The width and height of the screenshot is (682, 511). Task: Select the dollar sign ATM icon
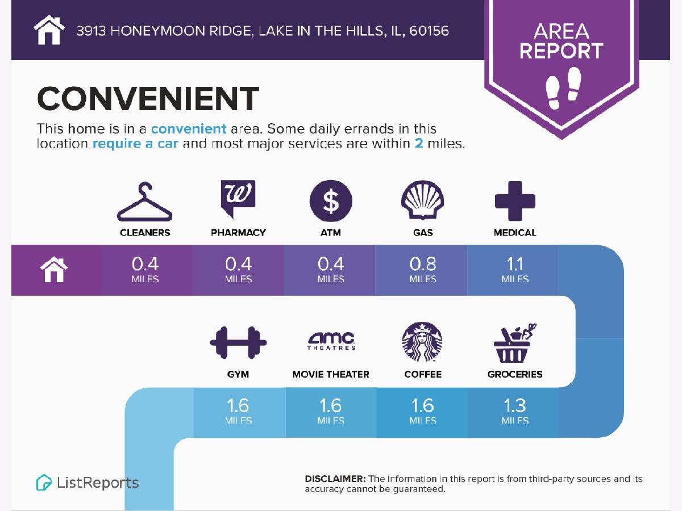tap(331, 201)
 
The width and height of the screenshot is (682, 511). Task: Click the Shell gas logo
tap(423, 200)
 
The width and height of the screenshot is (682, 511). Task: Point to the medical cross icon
tap(515, 201)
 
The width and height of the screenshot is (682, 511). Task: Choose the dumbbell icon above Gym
tap(238, 342)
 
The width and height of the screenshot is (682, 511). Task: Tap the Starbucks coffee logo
tap(422, 342)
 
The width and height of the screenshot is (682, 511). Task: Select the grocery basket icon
tap(514, 344)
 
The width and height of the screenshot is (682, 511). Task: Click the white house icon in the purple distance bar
tap(54, 269)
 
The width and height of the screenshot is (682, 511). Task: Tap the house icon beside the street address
tap(49, 30)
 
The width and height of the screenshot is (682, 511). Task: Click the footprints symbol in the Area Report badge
tap(563, 88)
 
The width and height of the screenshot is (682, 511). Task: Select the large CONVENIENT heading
tap(148, 98)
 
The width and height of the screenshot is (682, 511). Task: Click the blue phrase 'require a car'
tap(135, 144)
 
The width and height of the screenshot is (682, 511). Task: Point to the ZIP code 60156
tap(429, 31)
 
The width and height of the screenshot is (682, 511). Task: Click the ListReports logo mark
tap(44, 483)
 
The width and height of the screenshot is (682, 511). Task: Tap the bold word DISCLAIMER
tap(335, 479)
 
